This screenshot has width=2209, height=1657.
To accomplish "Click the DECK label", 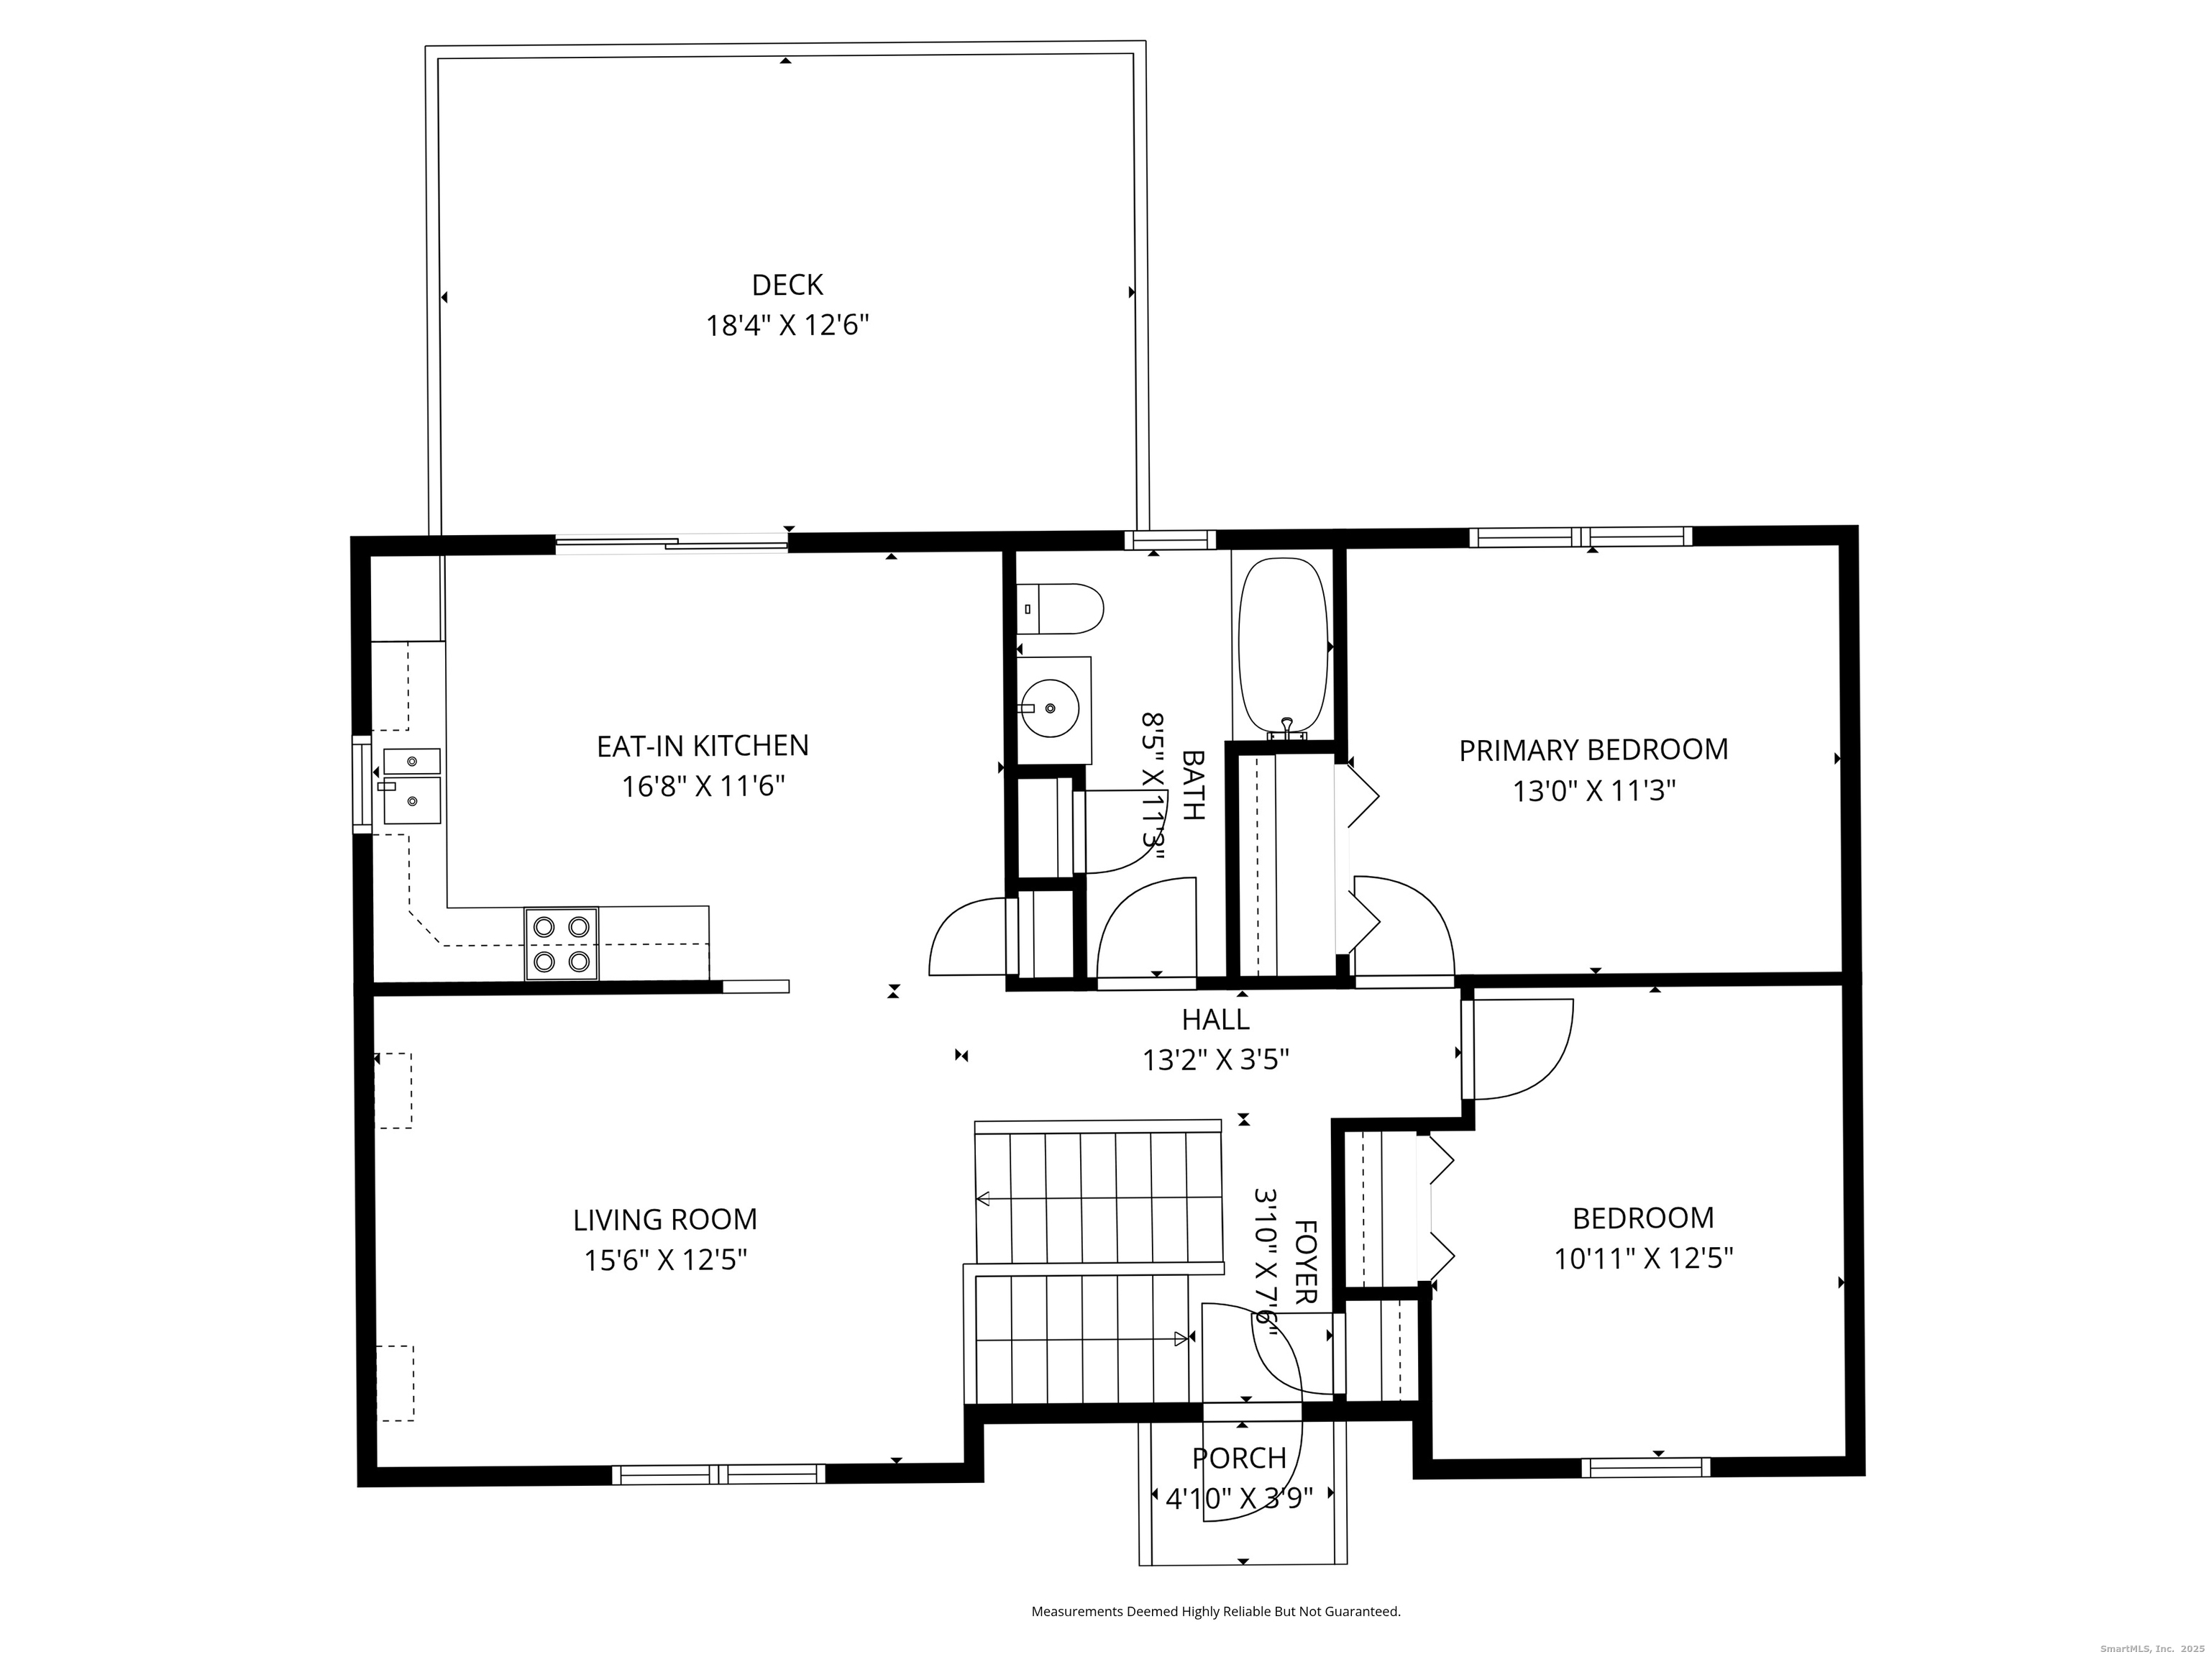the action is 787,286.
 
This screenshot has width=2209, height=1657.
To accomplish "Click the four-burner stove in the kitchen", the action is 561,944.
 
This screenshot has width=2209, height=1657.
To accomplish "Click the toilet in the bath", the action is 1060,609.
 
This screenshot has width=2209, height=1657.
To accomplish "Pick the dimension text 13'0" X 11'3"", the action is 1594,791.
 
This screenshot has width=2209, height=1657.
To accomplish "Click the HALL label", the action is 1215,1019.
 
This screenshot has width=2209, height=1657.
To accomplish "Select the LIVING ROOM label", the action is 665,1220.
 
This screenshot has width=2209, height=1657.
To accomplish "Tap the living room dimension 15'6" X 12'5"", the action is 665,1261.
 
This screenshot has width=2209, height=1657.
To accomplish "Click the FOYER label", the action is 1305,1262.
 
